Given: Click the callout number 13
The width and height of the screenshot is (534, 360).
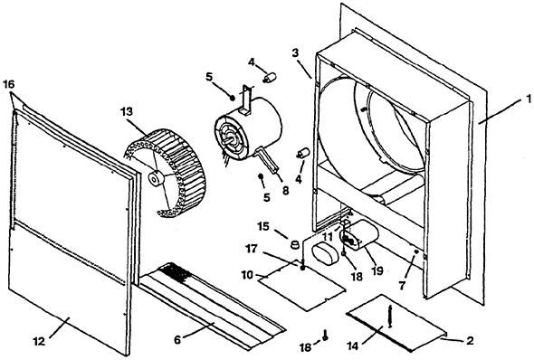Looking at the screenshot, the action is [x=126, y=111].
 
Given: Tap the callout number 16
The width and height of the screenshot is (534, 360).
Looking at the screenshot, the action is [x=9, y=84].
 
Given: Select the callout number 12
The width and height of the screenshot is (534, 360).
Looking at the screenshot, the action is [x=40, y=341].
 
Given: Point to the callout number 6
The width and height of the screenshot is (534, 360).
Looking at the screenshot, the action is [x=177, y=340].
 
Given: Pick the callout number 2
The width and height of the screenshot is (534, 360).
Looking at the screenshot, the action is [x=470, y=341].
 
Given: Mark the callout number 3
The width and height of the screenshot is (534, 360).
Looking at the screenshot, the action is [x=295, y=53].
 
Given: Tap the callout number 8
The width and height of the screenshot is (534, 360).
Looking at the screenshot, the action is [x=285, y=191].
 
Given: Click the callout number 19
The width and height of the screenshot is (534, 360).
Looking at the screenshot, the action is [x=377, y=270].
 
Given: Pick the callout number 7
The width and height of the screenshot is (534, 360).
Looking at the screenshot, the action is [x=402, y=286].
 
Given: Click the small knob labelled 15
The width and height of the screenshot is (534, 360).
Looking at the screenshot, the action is [x=295, y=244].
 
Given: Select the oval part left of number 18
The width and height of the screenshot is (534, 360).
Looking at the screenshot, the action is [x=325, y=253].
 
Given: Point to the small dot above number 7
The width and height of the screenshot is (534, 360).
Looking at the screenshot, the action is [x=416, y=251].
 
